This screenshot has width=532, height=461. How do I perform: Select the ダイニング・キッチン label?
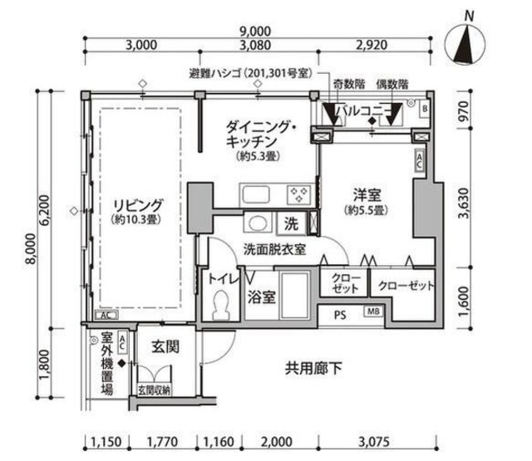tap(261, 135)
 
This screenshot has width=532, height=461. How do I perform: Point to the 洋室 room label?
tap(366, 196)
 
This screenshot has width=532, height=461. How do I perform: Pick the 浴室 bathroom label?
tap(263, 295)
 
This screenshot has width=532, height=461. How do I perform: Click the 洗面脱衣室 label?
tap(275, 248)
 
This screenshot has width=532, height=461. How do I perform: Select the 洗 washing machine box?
tap(292, 223)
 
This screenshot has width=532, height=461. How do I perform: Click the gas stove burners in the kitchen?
tap(298, 195)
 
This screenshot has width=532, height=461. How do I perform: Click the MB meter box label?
tap(373, 312)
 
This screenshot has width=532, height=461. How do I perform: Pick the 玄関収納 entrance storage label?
tap(154, 390)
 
